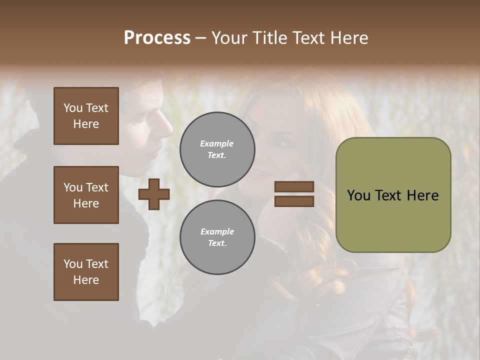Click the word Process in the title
tap(157, 38)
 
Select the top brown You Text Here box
tap(86, 116)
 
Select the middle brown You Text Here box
tap(86, 195)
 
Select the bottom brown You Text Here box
tap(86, 272)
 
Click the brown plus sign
tap(154, 194)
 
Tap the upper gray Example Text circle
tap(217, 149)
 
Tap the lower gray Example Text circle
tap(217, 237)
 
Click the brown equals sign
tap(294, 194)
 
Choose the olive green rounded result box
tap(393, 195)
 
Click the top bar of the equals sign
tap(294, 187)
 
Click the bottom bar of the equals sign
tap(294, 201)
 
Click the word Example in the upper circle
tap(217, 143)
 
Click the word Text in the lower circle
tap(216, 243)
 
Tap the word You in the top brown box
tap(72, 108)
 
